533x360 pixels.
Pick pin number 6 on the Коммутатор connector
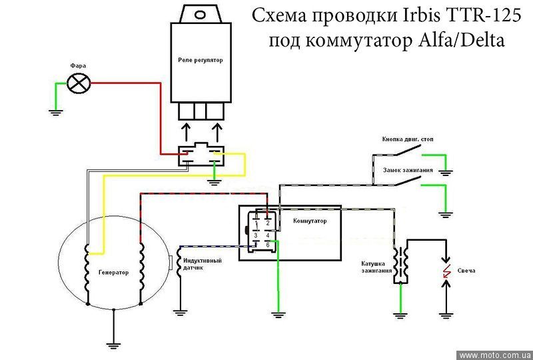pos(267,245)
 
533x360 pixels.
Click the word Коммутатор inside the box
pos(310,221)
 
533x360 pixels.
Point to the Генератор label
pos(113,273)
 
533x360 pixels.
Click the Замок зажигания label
pos(408,171)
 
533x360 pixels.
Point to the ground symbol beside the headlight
pos(57,111)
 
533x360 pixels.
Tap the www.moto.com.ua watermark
pos(495,355)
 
